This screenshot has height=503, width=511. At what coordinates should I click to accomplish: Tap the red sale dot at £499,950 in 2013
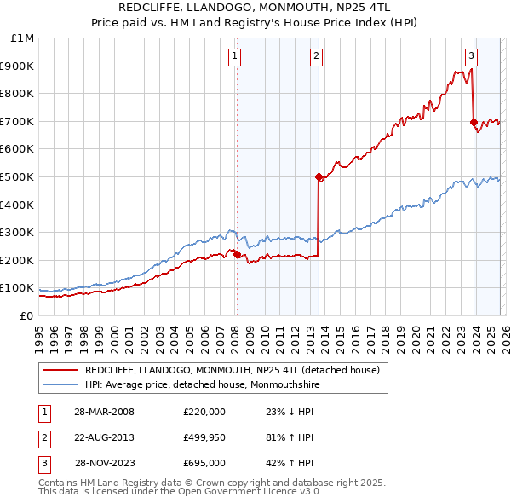319,177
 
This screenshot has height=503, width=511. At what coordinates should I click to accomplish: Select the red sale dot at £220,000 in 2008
237,254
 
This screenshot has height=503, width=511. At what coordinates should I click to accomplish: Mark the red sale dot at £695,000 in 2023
474,123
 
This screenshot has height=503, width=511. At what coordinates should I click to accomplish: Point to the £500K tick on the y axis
23,176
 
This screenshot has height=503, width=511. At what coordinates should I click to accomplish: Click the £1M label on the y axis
23,38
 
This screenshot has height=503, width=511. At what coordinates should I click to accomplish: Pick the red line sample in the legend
60,369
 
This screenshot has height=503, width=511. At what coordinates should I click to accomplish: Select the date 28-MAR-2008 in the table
104,412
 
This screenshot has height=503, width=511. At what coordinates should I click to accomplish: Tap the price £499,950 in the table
204,437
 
